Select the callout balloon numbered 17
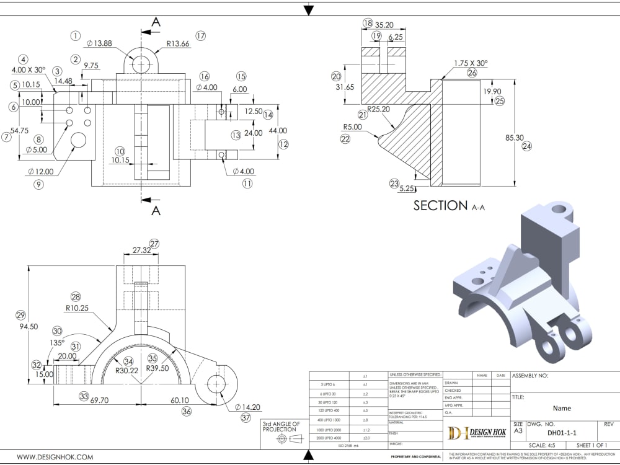[200, 35]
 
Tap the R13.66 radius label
[178, 44]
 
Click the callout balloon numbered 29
[20, 314]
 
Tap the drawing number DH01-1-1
[561, 433]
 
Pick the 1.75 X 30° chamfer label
[471, 63]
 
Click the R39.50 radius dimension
[157, 368]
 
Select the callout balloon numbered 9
[38, 184]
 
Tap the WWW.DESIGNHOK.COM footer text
[55, 457]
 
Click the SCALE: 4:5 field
[542, 445]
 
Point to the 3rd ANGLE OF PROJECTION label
[281, 427]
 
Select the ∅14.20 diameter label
[249, 407]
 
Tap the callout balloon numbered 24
[528, 147]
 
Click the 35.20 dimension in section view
[385, 25]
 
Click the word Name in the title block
[562, 409]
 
